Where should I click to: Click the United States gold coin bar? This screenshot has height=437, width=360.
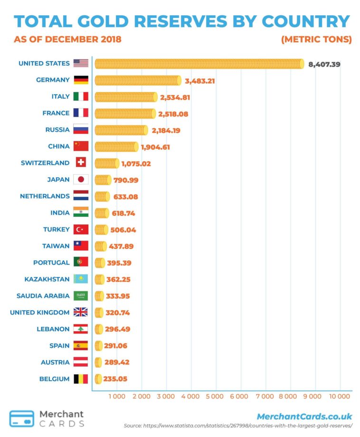coord(199,64)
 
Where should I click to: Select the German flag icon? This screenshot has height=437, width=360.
coord(81,80)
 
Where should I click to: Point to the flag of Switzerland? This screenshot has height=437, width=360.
coord(81,163)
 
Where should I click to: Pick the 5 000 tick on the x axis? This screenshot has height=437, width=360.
coord(215,396)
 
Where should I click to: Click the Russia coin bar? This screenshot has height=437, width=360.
coord(122,130)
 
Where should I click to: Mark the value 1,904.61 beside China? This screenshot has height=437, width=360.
coord(155,147)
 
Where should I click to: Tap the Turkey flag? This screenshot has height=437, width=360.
coord(81,230)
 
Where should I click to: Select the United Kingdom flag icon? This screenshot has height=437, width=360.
coord(81,312)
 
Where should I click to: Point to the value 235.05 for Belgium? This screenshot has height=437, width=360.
coord(116,379)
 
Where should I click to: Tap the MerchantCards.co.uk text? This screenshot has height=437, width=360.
coord(304,417)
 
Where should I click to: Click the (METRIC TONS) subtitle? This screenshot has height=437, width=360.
coord(316,39)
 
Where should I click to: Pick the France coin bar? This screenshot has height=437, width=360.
coord(125,113)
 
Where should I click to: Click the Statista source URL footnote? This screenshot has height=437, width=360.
coord(238,426)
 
